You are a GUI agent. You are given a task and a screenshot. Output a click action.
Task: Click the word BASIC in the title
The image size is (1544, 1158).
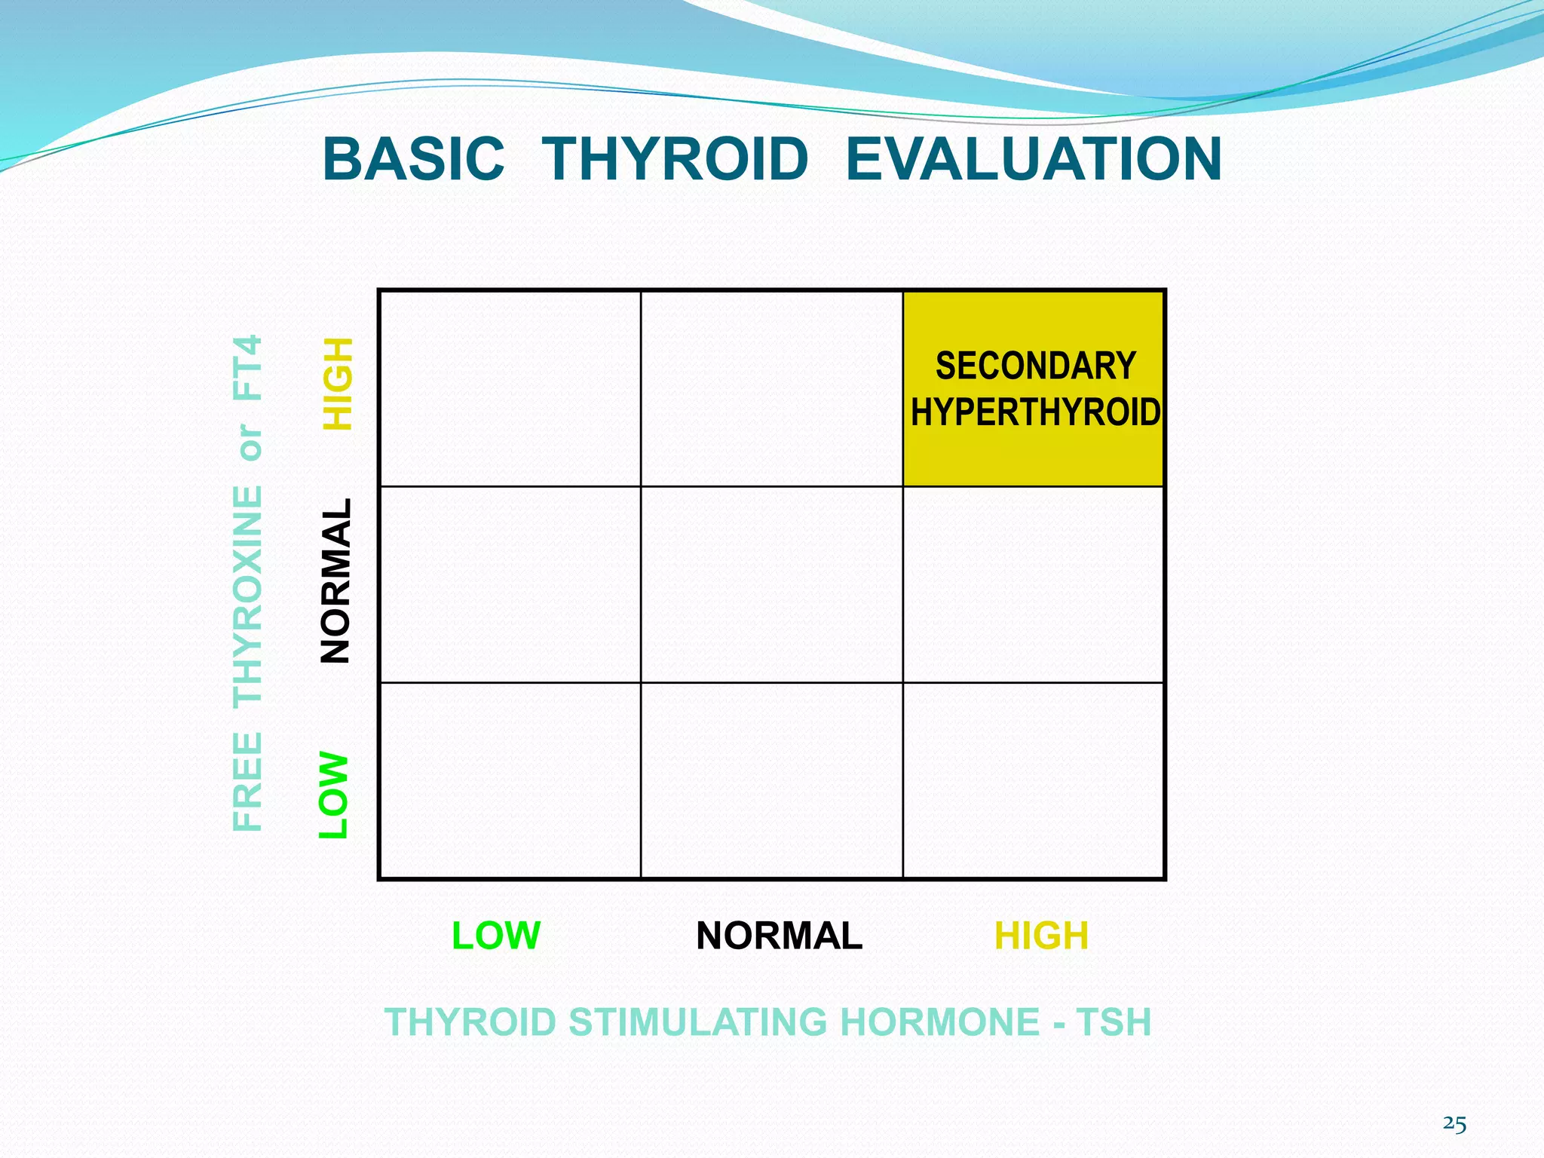[413, 159]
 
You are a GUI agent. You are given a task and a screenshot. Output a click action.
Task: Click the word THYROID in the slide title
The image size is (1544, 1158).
[675, 159]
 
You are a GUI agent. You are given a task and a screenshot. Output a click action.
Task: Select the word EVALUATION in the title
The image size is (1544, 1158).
[1033, 159]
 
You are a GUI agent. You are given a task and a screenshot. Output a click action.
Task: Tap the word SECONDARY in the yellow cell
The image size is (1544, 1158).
[1035, 366]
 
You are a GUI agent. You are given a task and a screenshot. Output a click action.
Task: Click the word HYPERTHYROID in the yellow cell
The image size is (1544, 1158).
[1035, 412]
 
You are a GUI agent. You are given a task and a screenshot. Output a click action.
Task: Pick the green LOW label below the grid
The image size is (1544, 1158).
[496, 936]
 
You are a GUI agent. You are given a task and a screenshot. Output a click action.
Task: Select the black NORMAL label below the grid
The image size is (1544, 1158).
[779, 936]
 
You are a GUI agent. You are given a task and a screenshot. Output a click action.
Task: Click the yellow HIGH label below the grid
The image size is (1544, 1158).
[1041, 936]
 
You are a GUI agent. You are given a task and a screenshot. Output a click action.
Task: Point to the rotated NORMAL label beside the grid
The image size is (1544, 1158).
[335, 581]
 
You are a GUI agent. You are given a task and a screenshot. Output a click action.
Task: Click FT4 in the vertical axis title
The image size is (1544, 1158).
[248, 368]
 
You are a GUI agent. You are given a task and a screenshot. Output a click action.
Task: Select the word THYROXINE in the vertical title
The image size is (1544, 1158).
[248, 596]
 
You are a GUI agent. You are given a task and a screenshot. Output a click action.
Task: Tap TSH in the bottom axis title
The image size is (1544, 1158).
[1114, 1022]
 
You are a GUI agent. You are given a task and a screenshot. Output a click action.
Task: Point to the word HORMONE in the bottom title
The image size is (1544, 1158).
[939, 1022]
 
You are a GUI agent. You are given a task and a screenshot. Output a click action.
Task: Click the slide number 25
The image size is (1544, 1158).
[1454, 1124]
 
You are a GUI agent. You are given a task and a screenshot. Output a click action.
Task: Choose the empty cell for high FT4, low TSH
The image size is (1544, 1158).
[510, 388]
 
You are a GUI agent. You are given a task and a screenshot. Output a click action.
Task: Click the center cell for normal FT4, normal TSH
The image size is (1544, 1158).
[771, 584]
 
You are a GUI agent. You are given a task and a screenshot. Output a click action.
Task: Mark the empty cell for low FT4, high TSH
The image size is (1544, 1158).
[1033, 780]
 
